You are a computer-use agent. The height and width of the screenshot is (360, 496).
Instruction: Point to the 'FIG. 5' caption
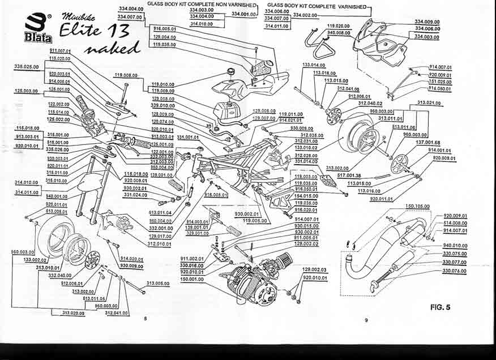(440, 307)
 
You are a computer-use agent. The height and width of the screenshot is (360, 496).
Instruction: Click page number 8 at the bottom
(146, 319)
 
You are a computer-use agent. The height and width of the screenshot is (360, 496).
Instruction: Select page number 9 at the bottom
(366, 320)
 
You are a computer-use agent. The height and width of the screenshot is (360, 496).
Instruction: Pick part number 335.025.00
(26, 66)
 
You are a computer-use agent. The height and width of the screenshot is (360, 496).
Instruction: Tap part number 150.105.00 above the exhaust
(418, 206)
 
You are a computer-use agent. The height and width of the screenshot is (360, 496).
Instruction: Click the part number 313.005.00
(158, 283)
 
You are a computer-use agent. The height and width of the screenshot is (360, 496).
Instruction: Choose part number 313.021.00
(429, 103)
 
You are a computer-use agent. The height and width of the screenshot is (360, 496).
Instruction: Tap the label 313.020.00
(73, 312)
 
